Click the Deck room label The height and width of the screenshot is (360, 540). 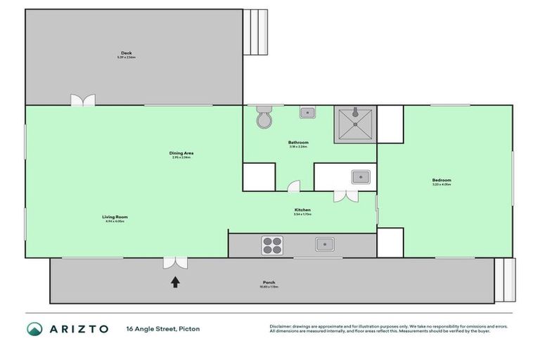127,53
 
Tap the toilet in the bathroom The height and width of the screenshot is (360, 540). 264,119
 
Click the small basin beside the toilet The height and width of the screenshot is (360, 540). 307,112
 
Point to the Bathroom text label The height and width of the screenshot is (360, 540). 298,143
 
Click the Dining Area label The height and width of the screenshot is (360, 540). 181,153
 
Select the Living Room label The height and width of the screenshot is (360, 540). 115,217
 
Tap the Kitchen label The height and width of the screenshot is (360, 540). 302,210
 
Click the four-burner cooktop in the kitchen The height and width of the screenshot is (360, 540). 272,245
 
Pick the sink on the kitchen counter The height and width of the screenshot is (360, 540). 324,244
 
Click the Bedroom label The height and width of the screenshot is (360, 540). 442,181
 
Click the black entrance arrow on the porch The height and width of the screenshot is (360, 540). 174,282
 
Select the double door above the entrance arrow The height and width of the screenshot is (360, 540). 174,262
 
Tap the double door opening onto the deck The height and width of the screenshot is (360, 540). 83,101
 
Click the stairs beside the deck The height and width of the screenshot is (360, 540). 256,32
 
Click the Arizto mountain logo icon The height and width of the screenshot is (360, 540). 34,328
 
